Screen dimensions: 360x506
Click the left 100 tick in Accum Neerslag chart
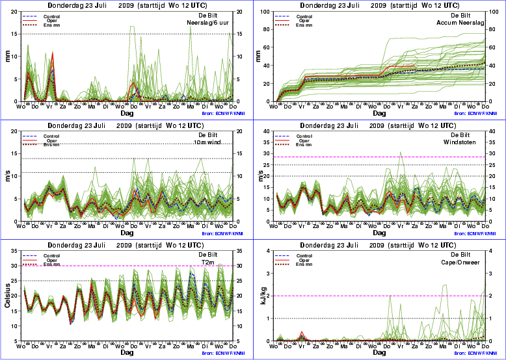point(268,12)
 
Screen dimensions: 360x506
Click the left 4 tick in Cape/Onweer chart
point(271,251)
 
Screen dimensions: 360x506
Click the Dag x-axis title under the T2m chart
point(127,352)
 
